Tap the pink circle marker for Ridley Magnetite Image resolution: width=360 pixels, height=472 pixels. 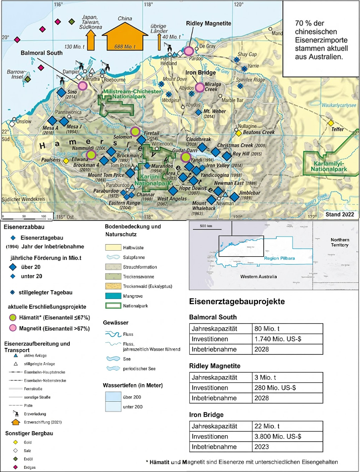pos(189,51)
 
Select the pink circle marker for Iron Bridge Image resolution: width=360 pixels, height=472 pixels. pos(200,87)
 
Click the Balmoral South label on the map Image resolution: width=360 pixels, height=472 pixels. pos(41,53)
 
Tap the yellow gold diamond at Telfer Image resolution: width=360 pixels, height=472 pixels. pos(331,123)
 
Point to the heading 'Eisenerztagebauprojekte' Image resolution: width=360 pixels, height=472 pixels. pos(237,302)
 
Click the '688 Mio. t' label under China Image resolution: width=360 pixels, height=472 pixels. pos(122,47)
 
